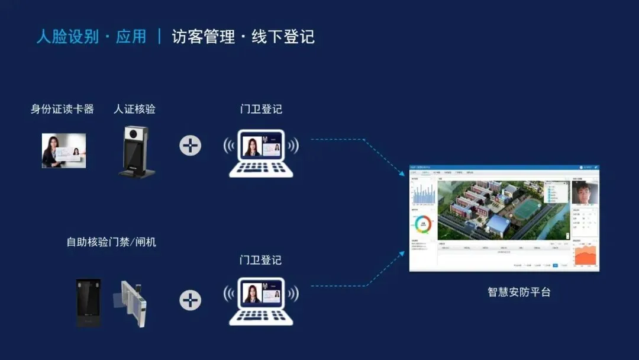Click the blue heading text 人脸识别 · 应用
click(x=91, y=37)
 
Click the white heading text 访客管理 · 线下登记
click(x=243, y=37)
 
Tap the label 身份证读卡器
click(x=62, y=109)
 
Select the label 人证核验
click(x=134, y=109)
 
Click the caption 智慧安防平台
click(x=519, y=292)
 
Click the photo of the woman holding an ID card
click(x=63, y=150)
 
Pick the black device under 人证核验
click(x=135, y=152)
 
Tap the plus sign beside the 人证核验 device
click(x=190, y=145)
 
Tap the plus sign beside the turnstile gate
click(x=190, y=300)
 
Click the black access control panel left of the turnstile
click(x=88, y=303)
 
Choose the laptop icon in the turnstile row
click(x=261, y=301)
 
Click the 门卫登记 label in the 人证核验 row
click(x=261, y=109)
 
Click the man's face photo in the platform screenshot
click(x=585, y=193)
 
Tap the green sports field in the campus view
click(x=527, y=209)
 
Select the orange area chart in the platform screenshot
click(x=585, y=255)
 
